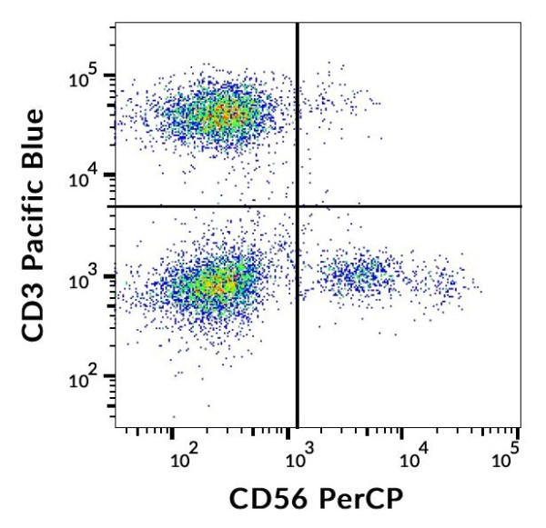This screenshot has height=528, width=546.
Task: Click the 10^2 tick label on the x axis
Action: coord(184,460)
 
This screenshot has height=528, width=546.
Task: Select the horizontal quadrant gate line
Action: coord(409,206)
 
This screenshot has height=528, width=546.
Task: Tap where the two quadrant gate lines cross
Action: coord(298,206)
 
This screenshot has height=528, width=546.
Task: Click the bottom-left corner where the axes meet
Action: coord(115,427)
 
